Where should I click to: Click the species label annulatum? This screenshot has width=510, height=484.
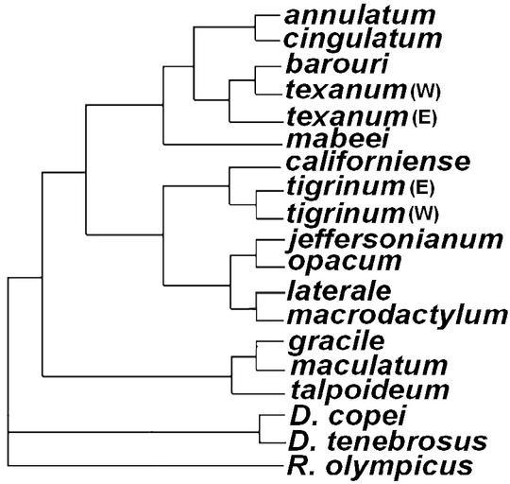click(360, 16)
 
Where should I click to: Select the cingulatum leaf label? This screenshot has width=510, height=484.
click(363, 40)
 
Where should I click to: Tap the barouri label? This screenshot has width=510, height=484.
click(337, 64)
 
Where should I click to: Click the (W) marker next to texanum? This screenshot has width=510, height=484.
click(425, 92)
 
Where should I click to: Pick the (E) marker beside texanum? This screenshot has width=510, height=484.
click(424, 118)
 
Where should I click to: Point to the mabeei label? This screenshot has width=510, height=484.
click(337, 139)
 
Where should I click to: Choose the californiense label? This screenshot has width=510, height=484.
click(378, 161)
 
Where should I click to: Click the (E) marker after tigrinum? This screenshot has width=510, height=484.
click(422, 188)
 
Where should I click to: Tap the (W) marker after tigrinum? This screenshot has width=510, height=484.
click(424, 214)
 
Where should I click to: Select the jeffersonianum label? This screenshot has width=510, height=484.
click(395, 240)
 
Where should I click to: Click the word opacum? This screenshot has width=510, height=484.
click(345, 262)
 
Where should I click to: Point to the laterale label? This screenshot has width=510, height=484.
click(339, 291)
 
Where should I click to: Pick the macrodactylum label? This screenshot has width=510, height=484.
click(397, 316)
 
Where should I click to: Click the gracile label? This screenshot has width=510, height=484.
click(336, 342)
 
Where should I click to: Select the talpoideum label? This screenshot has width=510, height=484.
click(370, 390)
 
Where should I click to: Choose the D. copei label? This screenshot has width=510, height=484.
click(348, 416)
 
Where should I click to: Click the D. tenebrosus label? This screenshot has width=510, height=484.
click(388, 441)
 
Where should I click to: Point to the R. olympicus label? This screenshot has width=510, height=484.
click(380, 466)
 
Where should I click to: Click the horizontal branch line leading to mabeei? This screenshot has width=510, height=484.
click(223, 144)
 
